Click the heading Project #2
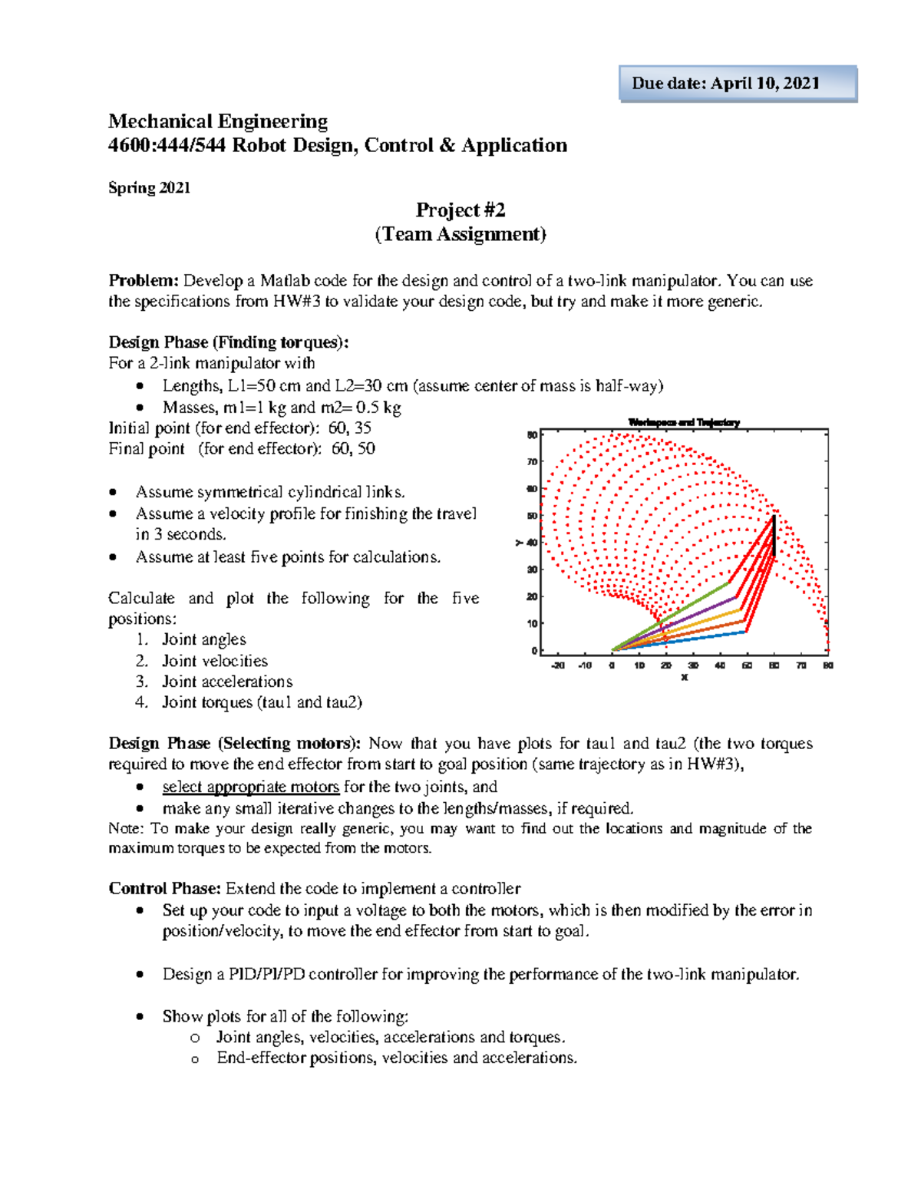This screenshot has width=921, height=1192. coord(460,210)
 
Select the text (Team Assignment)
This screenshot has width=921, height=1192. coord(460,234)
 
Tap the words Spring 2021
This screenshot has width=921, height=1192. coord(149,188)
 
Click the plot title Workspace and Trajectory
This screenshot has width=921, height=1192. coord(683,422)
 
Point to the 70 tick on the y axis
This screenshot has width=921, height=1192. coord(532,462)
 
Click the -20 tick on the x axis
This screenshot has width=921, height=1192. coord(558,665)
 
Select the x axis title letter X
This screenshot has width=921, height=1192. coord(684,678)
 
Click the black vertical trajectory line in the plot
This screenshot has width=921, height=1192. coord(774,535)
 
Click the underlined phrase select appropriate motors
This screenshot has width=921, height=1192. coord(250,787)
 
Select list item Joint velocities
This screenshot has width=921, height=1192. coord(214,661)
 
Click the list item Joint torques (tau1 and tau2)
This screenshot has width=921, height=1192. coord(261,702)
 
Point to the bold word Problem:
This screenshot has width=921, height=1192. coord(143,281)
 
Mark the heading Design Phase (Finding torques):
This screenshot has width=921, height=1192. coord(228,342)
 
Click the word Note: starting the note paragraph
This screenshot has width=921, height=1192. coord(126,829)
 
